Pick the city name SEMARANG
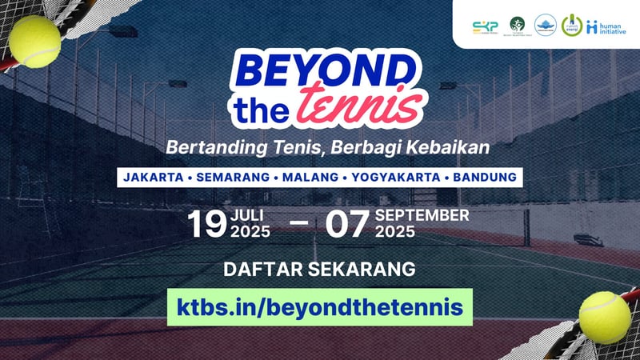pyautogui.click(x=234, y=176)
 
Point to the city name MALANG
pyautogui.click(x=310, y=176)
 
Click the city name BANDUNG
pyautogui.click(x=483, y=176)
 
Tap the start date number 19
pyautogui.click(x=206, y=225)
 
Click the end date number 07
pyautogui.click(x=346, y=225)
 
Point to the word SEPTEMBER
pyautogui.click(x=422, y=216)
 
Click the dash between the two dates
pyautogui.click(x=298, y=226)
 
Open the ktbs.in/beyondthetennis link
pyautogui.click(x=319, y=307)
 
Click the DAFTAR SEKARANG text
pyautogui.click(x=319, y=269)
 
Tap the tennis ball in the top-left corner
pyautogui.click(x=35, y=42)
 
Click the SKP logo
pyautogui.click(x=485, y=26)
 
